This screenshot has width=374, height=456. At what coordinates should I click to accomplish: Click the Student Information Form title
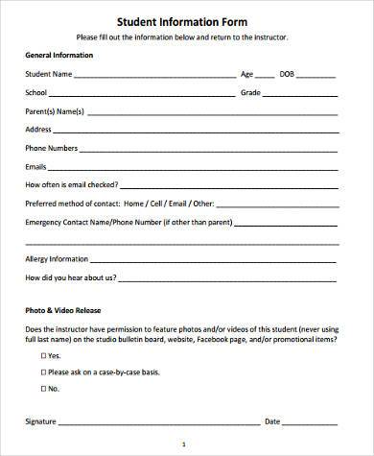pyautogui.click(x=187, y=20)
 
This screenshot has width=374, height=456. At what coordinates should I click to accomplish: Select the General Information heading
pyautogui.click(x=59, y=55)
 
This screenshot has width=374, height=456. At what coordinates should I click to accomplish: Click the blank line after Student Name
pyautogui.click(x=153, y=75)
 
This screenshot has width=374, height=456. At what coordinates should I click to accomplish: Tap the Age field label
pyautogui.click(x=247, y=73)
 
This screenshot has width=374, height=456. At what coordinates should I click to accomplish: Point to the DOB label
pyautogui.click(x=287, y=73)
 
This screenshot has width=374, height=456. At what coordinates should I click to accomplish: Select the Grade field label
pyautogui.click(x=251, y=92)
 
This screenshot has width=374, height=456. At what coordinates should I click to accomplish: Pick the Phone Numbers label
pyautogui.click(x=51, y=148)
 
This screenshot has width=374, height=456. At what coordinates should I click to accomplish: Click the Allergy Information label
pyautogui.click(x=57, y=258)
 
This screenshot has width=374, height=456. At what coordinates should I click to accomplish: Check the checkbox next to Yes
pyautogui.click(x=43, y=354)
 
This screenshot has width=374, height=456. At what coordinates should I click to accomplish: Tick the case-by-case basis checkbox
pyautogui.click(x=43, y=372)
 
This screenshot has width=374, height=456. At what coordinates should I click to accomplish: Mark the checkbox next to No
pyautogui.click(x=43, y=389)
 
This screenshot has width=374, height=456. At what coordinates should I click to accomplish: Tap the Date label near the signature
pyautogui.click(x=271, y=420)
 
